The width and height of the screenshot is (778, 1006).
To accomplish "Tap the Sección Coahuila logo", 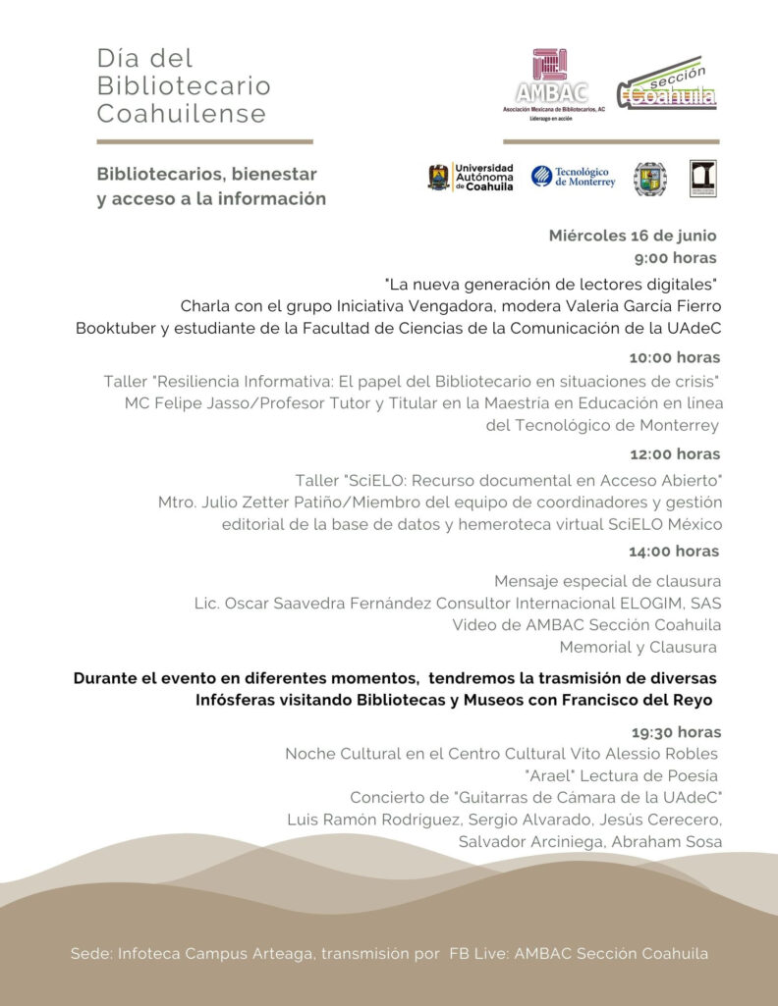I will pyautogui.click(x=667, y=86).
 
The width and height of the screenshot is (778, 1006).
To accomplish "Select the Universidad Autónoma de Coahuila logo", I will pyautogui.click(x=472, y=178).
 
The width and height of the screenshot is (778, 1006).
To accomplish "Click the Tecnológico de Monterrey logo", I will pyautogui.click(x=574, y=177).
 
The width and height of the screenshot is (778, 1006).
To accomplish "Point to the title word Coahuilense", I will pyautogui.click(x=182, y=114).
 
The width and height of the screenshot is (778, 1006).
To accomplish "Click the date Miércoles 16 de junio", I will pyautogui.click(x=633, y=236).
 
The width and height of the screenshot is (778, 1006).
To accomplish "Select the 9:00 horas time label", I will pyautogui.click(x=675, y=258).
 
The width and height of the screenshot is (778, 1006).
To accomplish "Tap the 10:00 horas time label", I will pyautogui.click(x=675, y=357).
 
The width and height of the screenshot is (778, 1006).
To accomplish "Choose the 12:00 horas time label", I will pyautogui.click(x=675, y=453).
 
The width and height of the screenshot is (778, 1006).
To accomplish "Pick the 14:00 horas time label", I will pyautogui.click(x=675, y=551).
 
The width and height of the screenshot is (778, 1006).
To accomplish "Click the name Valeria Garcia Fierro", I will pyautogui.click(x=638, y=306).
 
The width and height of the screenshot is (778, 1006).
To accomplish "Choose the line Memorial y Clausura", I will pyautogui.click(x=638, y=647).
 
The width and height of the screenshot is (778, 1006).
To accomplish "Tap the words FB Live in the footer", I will pyautogui.click(x=469, y=954).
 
